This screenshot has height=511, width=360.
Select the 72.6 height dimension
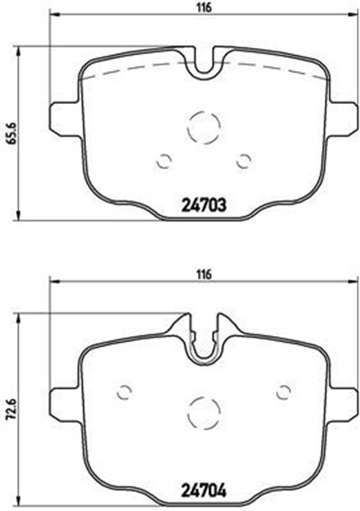click(10, 407)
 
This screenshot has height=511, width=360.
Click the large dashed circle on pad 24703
click(204, 126)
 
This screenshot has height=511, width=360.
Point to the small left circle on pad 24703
click(164, 160)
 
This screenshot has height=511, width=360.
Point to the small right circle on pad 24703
click(243, 160)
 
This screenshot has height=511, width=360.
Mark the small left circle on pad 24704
click(124, 392)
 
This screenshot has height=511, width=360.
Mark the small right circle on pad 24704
click(283, 392)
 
